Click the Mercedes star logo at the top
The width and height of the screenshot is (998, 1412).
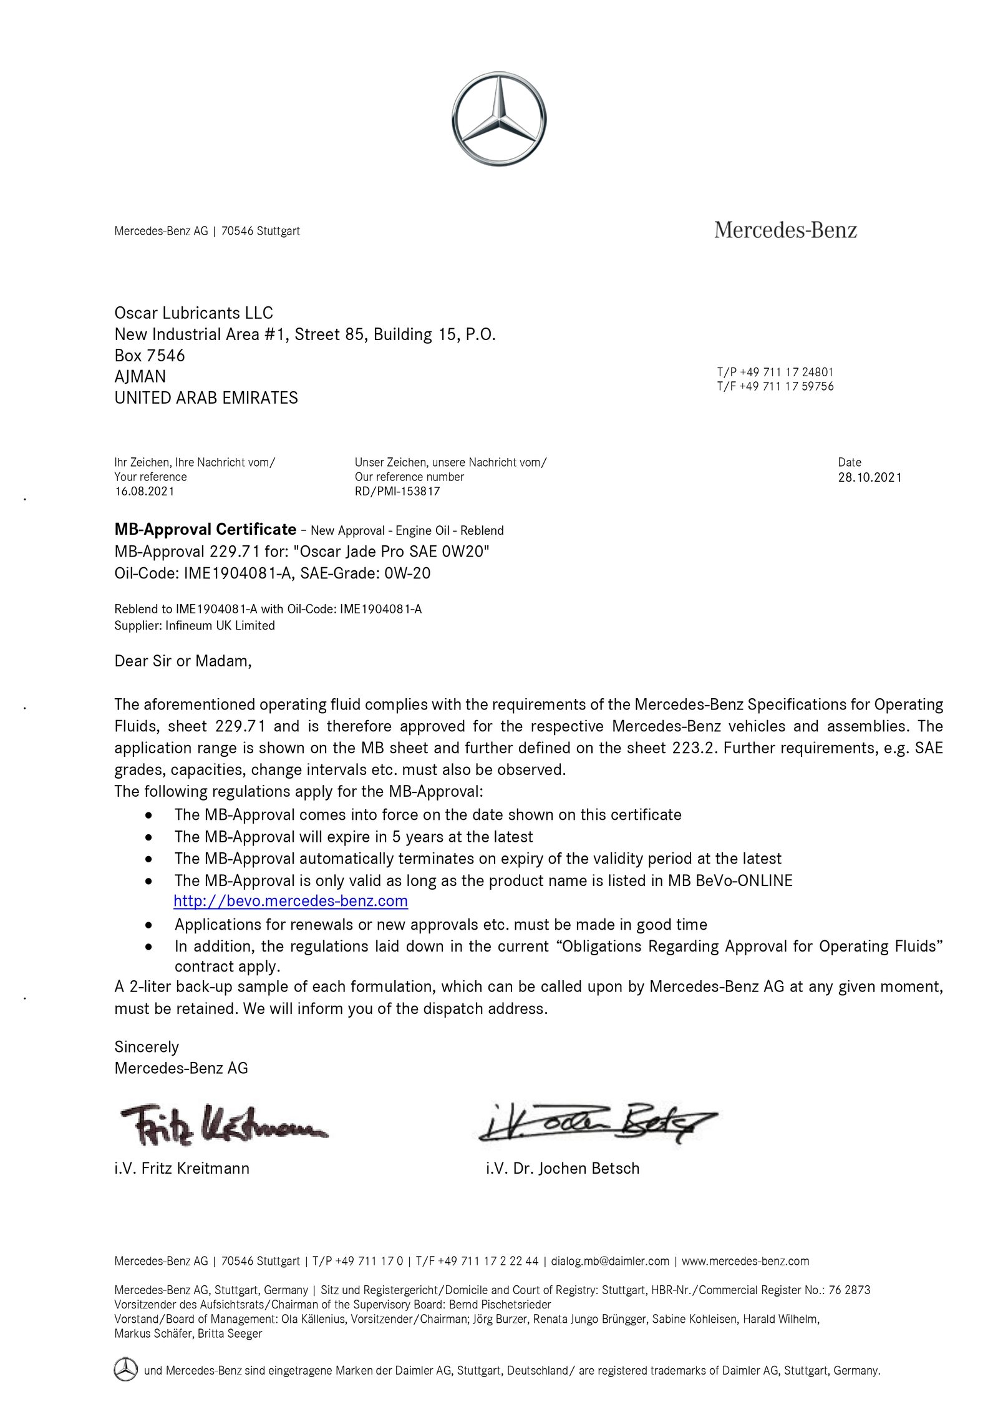(498, 119)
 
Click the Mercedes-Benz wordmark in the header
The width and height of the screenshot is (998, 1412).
(785, 230)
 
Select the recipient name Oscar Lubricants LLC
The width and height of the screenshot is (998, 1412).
(193, 313)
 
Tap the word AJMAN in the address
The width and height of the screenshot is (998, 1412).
(140, 376)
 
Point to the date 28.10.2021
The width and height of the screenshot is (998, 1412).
(870, 477)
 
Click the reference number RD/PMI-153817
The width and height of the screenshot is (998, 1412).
(397, 491)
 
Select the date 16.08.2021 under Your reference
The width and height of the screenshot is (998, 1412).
(144, 491)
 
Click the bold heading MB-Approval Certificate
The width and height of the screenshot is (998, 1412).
(205, 529)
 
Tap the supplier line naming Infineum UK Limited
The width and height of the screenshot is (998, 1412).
(195, 625)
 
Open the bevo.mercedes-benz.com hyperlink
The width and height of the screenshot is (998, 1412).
(291, 901)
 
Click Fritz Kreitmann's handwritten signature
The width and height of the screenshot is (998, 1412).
(221, 1126)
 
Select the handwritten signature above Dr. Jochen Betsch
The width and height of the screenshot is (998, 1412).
(596, 1123)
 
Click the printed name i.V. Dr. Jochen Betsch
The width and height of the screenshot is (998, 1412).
(563, 1168)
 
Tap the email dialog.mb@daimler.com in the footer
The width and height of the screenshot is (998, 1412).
(609, 1261)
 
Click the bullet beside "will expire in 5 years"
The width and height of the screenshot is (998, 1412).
(148, 837)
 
